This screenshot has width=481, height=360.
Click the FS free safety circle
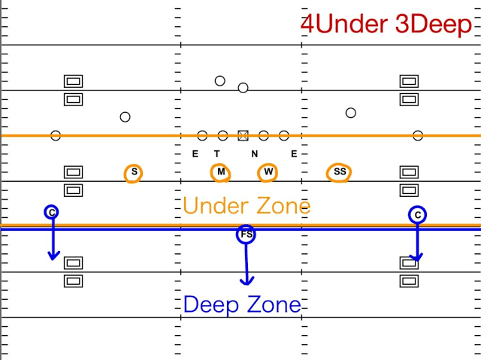click(x=246, y=235)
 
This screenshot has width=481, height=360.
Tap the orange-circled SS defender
click(x=340, y=172)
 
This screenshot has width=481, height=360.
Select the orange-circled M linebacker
click(x=221, y=172)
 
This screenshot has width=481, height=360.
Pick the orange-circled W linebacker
click(x=268, y=172)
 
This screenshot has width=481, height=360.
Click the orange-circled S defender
click(x=134, y=172)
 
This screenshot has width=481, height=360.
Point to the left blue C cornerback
click(x=51, y=213)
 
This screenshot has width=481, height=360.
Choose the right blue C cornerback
click(x=418, y=215)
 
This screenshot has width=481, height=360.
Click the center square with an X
click(x=243, y=135)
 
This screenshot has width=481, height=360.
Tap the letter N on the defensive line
click(x=255, y=154)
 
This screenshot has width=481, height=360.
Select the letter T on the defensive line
click(x=216, y=154)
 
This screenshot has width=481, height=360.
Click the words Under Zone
click(x=247, y=205)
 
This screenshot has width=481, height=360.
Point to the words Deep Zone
click(x=242, y=304)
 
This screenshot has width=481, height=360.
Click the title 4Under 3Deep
click(x=386, y=24)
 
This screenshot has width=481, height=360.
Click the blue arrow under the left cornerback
click(x=53, y=241)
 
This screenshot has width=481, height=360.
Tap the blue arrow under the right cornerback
click(x=418, y=243)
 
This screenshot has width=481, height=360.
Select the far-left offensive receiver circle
click(x=56, y=135)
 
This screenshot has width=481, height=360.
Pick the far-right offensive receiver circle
click(x=418, y=135)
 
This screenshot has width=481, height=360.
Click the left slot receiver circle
click(x=126, y=116)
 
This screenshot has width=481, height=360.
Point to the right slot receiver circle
click(x=350, y=113)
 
